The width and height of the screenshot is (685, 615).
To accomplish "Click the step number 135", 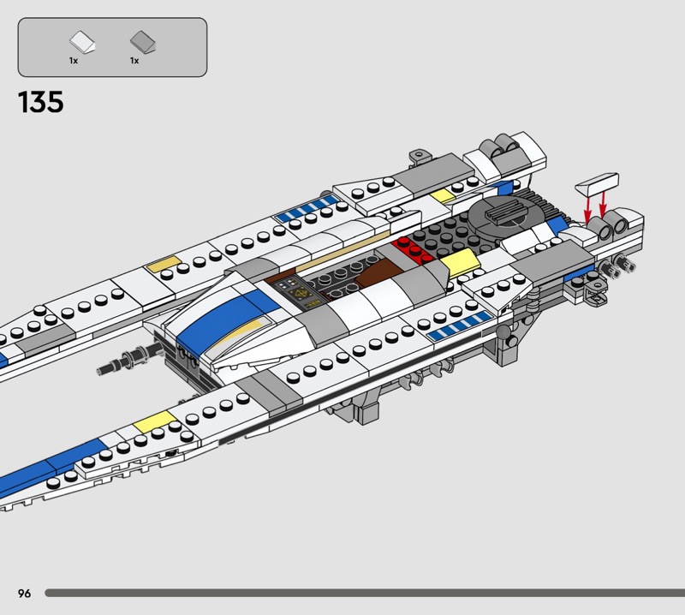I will pyautogui.click(x=40, y=102).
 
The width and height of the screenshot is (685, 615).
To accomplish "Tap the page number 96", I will pyautogui.click(x=23, y=593).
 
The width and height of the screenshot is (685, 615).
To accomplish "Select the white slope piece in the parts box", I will pyautogui.click(x=82, y=40).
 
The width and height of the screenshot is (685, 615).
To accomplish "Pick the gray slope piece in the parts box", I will pyautogui.click(x=140, y=40).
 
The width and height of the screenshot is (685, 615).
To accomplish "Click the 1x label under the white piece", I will pyautogui.click(x=74, y=61).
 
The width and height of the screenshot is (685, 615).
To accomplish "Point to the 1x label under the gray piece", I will pyautogui.click(x=134, y=61).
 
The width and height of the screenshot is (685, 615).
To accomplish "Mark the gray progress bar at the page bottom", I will pyautogui.click(x=360, y=593).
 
